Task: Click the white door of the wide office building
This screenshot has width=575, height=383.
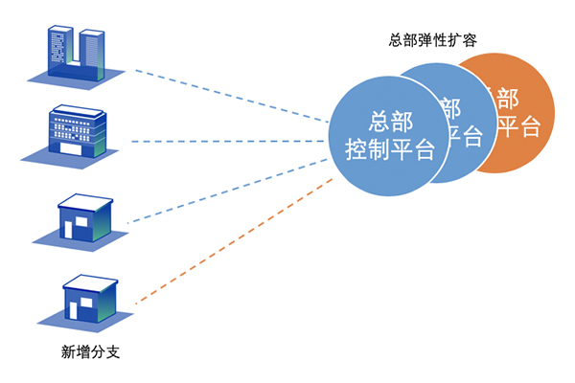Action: [x=70, y=149]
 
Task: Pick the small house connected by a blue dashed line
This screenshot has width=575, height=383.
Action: [x=83, y=218]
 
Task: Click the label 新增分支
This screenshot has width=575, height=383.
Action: [x=88, y=352]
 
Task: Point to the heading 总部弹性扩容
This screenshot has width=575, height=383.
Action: [x=434, y=40]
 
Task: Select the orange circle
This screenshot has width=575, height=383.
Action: [x=522, y=115]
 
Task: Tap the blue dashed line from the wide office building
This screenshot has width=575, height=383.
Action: [x=230, y=141]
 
